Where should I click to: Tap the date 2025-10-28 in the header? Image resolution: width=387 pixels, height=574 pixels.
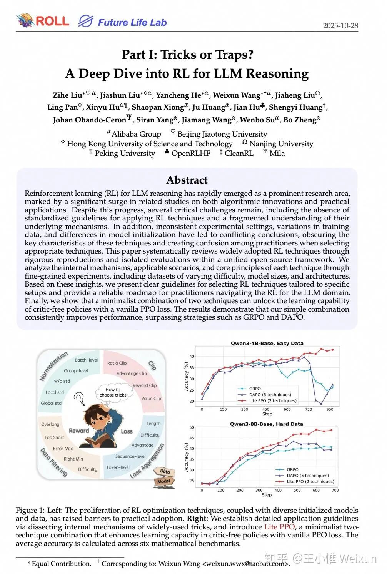tap(340, 25)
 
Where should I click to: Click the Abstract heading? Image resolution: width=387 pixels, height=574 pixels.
tap(187, 180)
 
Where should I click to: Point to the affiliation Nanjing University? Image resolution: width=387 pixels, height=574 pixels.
tap(281, 144)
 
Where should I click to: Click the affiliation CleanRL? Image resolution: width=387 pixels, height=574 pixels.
tap(239, 154)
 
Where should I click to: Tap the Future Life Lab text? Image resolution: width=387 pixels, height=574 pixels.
tap(132, 22)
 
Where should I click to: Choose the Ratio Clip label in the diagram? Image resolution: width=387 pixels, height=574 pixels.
tap(117, 363)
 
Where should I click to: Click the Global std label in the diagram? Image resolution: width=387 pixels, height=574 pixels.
tap(51, 403)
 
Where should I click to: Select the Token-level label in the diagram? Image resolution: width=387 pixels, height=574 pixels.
tap(118, 467)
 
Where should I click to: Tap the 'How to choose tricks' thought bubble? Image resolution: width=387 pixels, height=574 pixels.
tap(113, 392)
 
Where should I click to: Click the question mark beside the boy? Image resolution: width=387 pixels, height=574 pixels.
tap(80, 399)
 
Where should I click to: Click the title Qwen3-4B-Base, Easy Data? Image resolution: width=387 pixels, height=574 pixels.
tap(267, 343)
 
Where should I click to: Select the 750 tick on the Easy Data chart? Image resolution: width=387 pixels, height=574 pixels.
tap(309, 409)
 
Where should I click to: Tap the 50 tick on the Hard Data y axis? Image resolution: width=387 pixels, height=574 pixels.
tap(192, 427)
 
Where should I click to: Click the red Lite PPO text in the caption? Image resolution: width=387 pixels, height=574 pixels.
tap(279, 527)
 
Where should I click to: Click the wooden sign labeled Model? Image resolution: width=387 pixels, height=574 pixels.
tap(164, 481)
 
